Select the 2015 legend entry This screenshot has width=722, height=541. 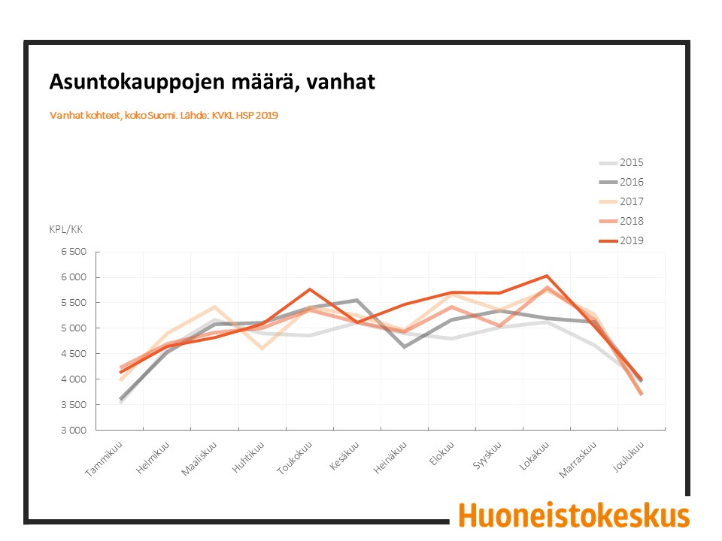[621, 163]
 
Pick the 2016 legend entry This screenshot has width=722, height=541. [621, 182]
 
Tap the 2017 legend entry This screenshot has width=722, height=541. [621, 201]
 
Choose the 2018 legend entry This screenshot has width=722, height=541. [621, 221]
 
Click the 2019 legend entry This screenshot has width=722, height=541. [621, 240]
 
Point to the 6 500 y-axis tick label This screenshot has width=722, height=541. [74, 252]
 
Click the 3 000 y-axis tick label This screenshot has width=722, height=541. [74, 430]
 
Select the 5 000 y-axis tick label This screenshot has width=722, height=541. [74, 328]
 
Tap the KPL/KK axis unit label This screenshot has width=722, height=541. [66, 229]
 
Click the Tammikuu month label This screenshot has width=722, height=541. [105, 458]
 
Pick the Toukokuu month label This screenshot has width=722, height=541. [295, 458]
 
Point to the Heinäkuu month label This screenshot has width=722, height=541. [390, 458]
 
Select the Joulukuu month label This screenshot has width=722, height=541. [628, 456]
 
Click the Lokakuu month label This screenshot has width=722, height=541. [534, 456]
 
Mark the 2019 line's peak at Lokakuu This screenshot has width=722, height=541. [547, 276]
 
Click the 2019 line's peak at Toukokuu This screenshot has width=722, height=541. [310, 289]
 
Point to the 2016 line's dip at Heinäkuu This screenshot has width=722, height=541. [405, 347]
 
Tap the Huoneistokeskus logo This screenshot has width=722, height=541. [574, 515]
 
